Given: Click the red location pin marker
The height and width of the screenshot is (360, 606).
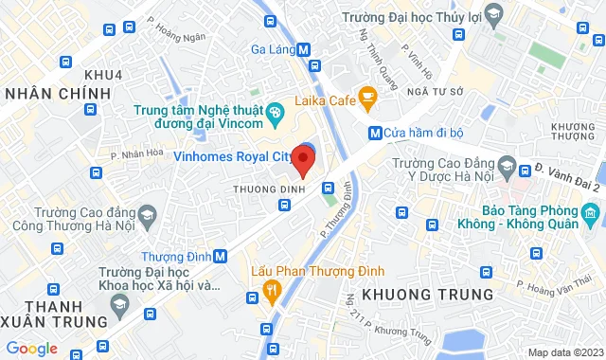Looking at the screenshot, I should [303, 159].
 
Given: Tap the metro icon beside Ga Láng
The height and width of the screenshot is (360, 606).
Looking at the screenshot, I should [303, 49].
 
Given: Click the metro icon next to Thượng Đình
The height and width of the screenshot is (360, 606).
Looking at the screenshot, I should [221, 256].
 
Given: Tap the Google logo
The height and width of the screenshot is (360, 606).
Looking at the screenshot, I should [32, 348].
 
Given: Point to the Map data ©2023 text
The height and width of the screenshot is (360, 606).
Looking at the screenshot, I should [564, 352].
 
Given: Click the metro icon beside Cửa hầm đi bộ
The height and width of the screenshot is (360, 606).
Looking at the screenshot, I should [375, 133].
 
